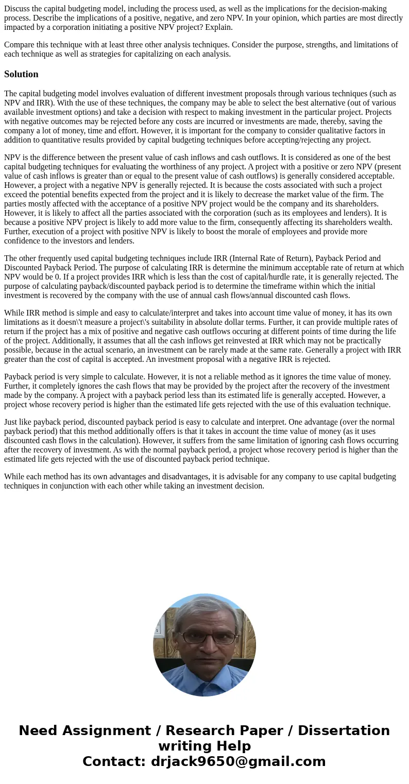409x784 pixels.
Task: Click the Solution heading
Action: [x=21, y=74]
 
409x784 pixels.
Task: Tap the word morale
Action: [x=233, y=232]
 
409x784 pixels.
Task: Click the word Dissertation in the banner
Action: [x=344, y=731]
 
